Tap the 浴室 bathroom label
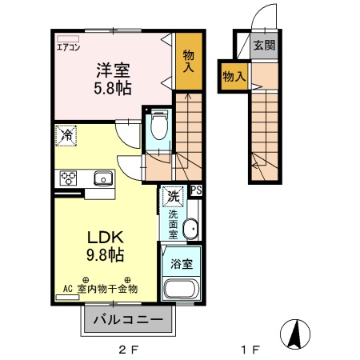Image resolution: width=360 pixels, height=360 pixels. pos(180,262)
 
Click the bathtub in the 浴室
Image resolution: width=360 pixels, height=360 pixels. pos(181,290)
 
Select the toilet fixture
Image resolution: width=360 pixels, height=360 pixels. pos(158,125)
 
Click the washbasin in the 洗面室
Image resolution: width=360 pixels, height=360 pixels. pos(190,230)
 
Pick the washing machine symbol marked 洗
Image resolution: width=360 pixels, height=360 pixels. pos(171,194)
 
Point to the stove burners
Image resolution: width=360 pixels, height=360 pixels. pos(66,178)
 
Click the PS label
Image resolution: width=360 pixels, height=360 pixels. pos(196,190)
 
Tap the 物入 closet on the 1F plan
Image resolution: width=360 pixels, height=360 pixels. pos(234,77)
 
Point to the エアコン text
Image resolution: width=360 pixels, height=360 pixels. pos(68,47)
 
